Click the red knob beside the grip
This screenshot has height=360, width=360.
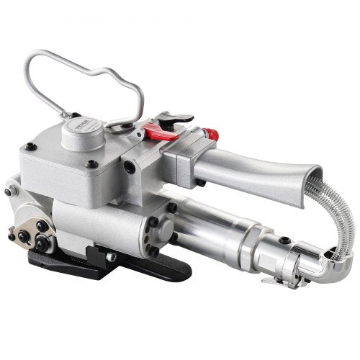pos(210,135)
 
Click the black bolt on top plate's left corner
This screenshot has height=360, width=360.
pos(31,147)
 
